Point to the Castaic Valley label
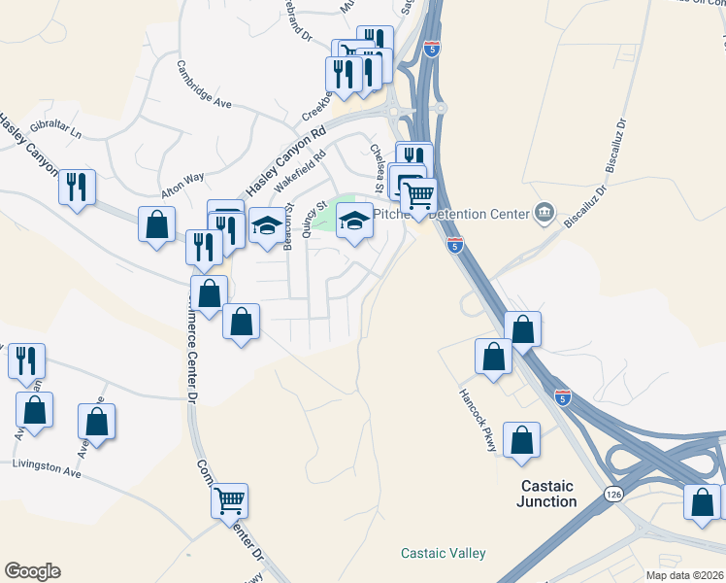(444, 553)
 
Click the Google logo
(32, 571)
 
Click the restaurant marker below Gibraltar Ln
(78, 186)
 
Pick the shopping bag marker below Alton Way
(156, 224)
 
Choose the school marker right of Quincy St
(354, 223)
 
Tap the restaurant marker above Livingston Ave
(26, 360)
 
